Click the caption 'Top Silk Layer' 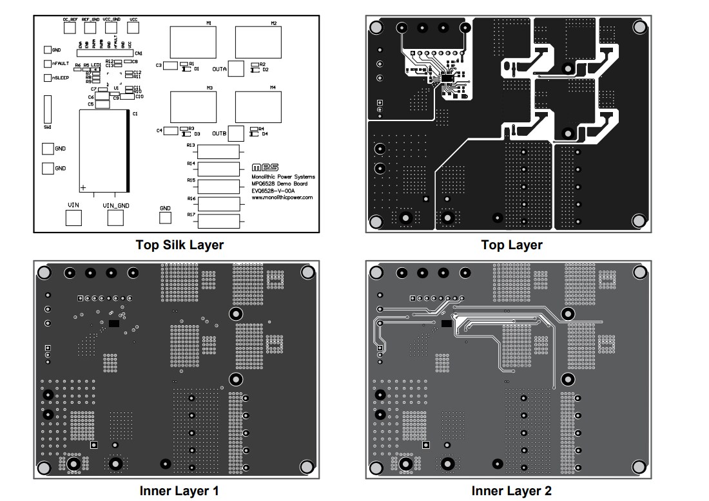point(180,245)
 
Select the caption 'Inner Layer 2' point(511,491)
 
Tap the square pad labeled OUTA point(236,69)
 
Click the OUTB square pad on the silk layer point(236,133)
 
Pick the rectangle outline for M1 point(193,43)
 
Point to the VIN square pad point(73,218)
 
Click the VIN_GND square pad point(115,218)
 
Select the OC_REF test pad point(70,30)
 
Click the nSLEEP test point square point(47,78)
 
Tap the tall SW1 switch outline point(47,109)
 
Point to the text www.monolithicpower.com point(282,198)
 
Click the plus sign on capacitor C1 point(83,187)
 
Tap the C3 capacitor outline point(171,66)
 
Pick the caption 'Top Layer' point(511,245)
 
